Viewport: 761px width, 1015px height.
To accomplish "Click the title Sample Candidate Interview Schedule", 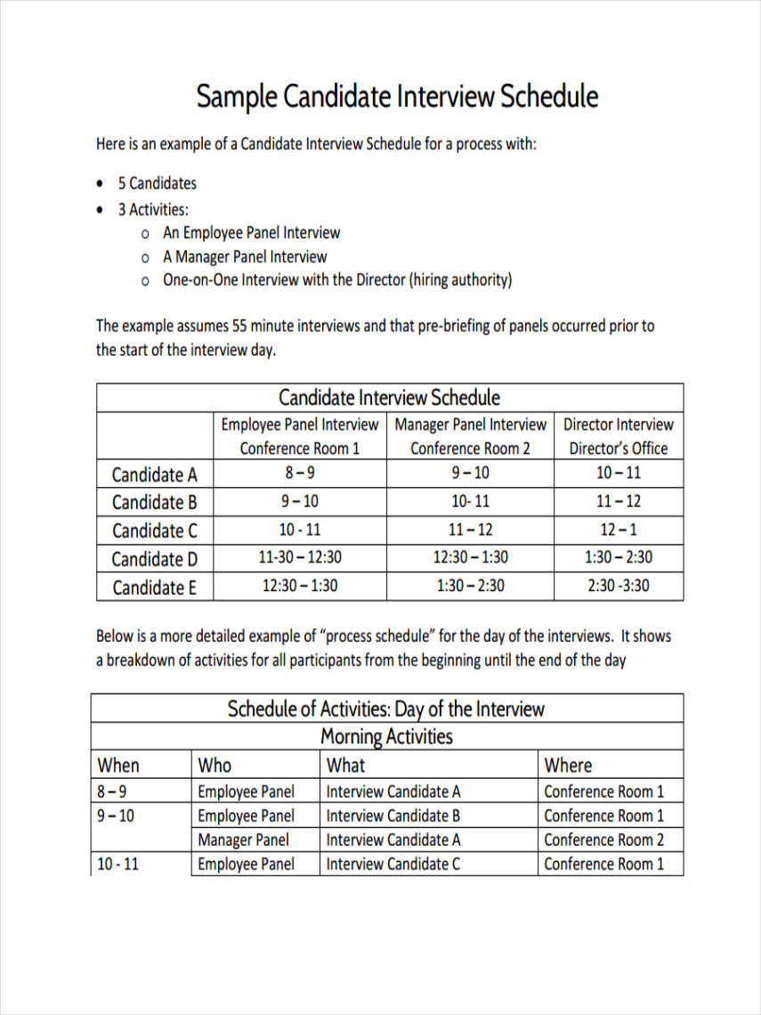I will [x=397, y=96].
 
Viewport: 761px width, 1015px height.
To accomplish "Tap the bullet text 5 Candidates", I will [x=157, y=183].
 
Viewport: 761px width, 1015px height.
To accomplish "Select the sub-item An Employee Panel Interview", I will [x=251, y=233].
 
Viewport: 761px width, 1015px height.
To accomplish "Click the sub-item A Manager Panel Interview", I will [x=245, y=257].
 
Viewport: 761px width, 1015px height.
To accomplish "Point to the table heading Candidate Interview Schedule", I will [x=389, y=397].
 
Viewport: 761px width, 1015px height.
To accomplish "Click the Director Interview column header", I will [x=619, y=425].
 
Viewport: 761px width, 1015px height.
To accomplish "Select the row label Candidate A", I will [x=155, y=475].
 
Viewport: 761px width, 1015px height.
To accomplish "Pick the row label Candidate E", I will [x=155, y=588].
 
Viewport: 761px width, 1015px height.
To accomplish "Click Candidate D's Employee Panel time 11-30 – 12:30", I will [x=300, y=558].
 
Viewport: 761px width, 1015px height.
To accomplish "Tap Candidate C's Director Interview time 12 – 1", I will [x=619, y=530].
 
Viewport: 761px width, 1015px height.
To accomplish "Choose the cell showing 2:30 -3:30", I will [x=619, y=586].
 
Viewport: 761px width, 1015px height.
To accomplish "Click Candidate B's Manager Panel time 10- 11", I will [x=470, y=501].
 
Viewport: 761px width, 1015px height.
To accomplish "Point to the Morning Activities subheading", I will [x=386, y=736].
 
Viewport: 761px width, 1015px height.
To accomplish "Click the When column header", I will [x=118, y=765].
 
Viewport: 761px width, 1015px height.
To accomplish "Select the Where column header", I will [x=568, y=765].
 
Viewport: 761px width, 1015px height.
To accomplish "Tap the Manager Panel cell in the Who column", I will [x=243, y=840].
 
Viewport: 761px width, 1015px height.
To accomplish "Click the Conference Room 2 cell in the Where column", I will [x=603, y=840].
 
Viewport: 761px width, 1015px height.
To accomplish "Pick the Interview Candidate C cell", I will [x=393, y=864].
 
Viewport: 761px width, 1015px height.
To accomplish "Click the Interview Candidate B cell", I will [x=393, y=816].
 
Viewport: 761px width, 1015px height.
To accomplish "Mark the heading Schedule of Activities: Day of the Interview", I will [x=385, y=709].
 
